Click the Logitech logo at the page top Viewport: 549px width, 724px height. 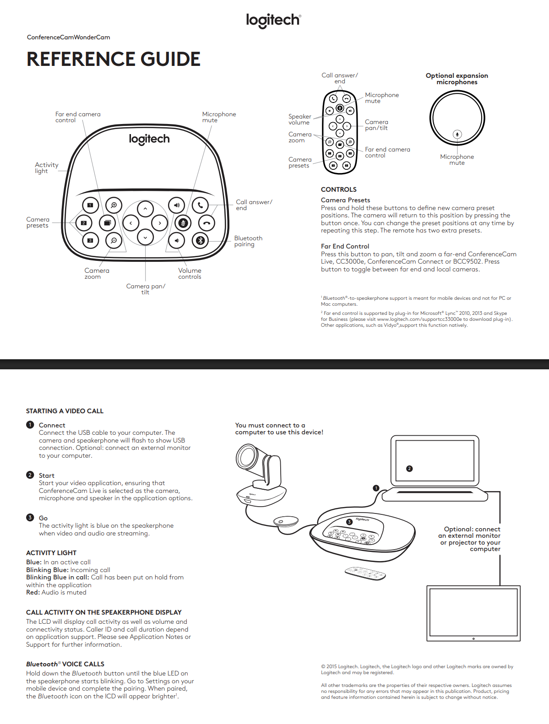[x=273, y=20]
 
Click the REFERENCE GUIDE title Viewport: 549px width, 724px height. [x=114, y=59]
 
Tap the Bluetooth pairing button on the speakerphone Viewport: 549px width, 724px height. [x=200, y=240]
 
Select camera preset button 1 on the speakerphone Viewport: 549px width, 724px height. [x=90, y=205]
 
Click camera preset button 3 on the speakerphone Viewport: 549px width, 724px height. [x=90, y=240]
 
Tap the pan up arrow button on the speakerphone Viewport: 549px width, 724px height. [x=145, y=209]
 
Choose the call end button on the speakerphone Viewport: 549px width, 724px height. [x=207, y=223]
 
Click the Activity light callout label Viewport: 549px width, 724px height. [x=46, y=168]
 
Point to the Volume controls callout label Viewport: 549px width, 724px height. [x=190, y=274]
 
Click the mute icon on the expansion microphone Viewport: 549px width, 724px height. [x=457, y=134]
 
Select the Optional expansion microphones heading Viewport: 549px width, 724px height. [x=457, y=79]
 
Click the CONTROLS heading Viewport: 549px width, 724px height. [x=338, y=189]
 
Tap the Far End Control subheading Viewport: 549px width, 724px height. [x=345, y=246]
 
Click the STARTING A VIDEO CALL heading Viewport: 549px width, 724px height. [x=65, y=411]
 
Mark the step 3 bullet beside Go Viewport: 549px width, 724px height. [x=30, y=518]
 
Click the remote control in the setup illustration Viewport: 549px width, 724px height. [x=365, y=573]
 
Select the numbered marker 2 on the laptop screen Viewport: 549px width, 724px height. [x=409, y=469]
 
